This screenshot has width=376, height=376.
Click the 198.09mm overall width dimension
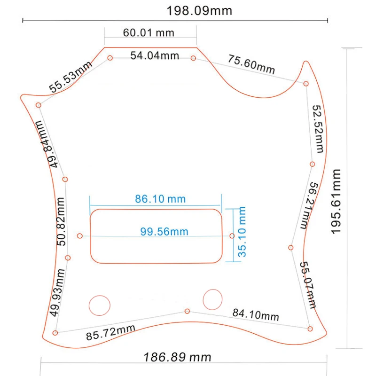(199, 11)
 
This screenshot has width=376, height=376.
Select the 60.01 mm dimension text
(149, 32)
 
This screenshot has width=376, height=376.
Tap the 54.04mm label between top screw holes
(155, 55)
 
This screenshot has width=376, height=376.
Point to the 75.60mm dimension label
(251, 64)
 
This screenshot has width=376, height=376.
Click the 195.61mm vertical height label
(336, 202)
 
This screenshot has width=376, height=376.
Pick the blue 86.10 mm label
(160, 199)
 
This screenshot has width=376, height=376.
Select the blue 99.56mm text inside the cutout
(164, 232)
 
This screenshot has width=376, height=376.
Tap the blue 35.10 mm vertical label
(242, 232)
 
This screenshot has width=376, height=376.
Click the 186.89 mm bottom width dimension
(177, 357)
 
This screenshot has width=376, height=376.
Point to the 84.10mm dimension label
(256, 314)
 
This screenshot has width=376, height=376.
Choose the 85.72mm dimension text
(110, 332)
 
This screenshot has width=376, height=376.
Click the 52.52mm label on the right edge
(318, 129)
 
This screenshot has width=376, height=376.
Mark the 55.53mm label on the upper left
(70, 77)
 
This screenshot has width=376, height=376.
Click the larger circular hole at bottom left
(100, 305)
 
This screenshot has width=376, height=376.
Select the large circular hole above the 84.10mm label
(212, 299)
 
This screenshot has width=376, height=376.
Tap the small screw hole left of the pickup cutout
(80, 236)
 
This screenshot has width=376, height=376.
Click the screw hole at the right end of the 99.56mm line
(232, 236)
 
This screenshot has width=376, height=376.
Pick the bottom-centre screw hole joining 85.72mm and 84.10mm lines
(187, 311)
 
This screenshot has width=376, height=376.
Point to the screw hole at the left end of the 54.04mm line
(110, 58)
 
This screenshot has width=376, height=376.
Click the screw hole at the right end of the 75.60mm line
(306, 84)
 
